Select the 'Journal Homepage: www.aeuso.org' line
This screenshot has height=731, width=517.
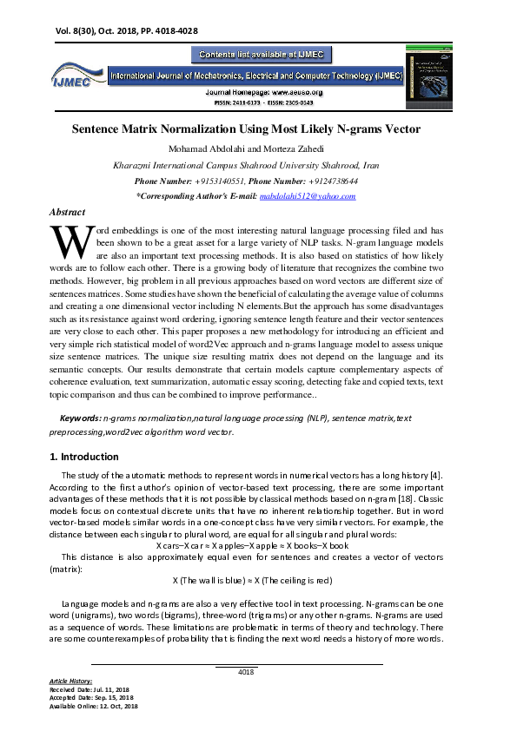click(264, 91)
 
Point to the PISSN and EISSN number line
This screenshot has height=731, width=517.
click(263, 102)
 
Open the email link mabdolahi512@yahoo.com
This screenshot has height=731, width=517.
click(308, 196)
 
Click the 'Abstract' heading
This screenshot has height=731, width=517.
click(68, 212)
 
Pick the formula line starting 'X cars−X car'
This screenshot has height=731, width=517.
click(252, 545)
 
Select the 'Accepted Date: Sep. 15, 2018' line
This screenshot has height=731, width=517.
click(91, 697)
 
